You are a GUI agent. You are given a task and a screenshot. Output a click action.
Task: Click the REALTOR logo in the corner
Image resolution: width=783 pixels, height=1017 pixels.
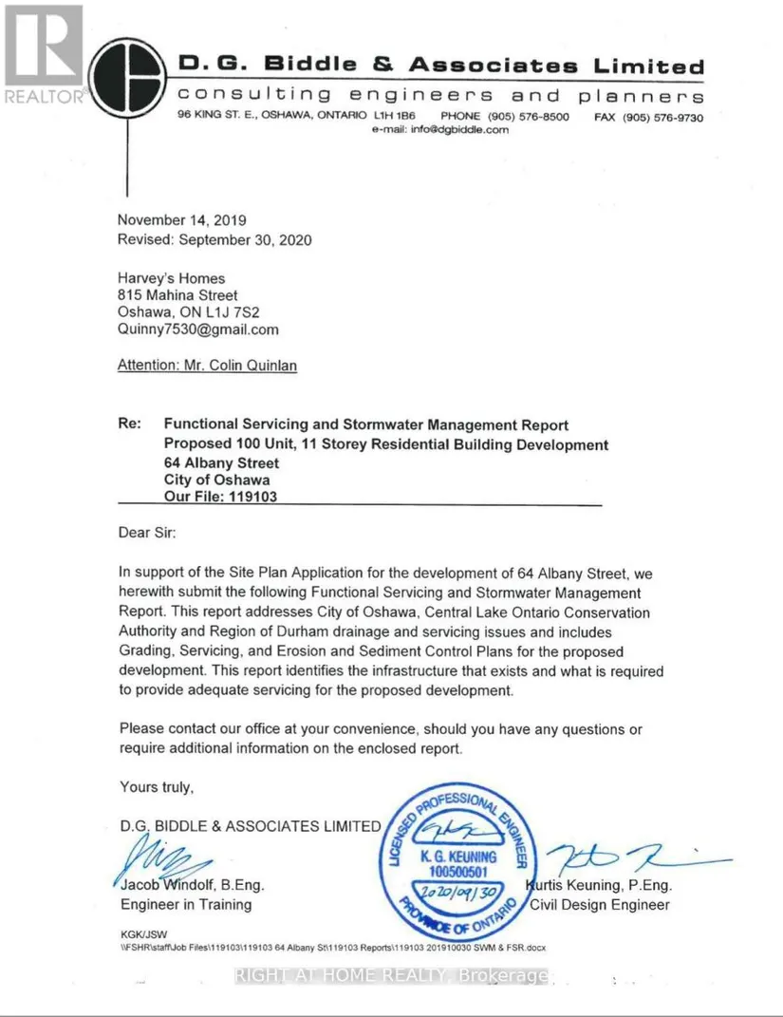(x=43, y=52)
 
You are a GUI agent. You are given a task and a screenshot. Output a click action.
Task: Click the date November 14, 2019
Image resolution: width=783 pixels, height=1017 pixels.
(x=182, y=220)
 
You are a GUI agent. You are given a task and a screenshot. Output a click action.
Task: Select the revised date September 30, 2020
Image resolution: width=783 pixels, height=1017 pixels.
(x=214, y=240)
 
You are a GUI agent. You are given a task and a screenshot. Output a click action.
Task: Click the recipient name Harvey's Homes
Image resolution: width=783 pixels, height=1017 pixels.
(x=172, y=278)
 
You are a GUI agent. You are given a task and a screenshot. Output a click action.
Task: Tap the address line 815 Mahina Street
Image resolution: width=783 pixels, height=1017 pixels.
(x=177, y=295)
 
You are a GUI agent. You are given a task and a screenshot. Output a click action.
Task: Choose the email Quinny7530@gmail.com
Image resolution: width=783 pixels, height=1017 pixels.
(x=198, y=330)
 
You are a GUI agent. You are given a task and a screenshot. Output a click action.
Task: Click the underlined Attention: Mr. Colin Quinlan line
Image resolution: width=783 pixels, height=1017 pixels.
(x=207, y=365)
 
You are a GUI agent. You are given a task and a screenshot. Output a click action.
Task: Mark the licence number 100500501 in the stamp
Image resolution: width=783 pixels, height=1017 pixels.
(x=457, y=871)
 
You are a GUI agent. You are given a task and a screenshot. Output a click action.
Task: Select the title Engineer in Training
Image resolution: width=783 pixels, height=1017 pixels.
(x=186, y=904)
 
